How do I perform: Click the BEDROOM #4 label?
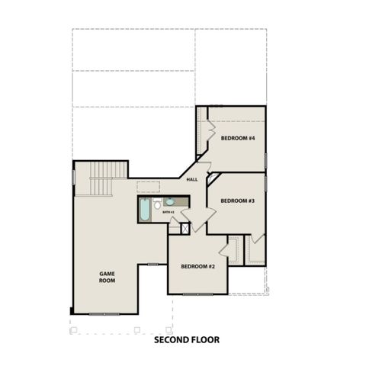[237, 138]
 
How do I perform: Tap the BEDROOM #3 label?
[237, 201]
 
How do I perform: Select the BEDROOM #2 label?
[197, 266]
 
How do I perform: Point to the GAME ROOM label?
[106, 276]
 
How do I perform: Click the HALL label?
[192, 179]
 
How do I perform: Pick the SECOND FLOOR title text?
[187, 340]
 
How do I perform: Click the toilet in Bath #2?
[156, 204]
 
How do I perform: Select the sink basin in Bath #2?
[169, 202]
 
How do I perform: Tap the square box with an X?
[185, 228]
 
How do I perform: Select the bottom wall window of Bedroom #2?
[197, 294]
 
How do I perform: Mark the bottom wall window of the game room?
[104, 313]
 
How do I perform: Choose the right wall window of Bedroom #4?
[266, 159]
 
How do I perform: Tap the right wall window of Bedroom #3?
[266, 183]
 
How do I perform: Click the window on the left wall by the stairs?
[73, 176]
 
